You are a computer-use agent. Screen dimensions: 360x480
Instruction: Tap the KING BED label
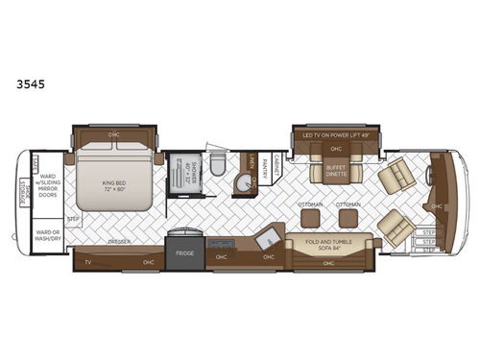click(114, 180)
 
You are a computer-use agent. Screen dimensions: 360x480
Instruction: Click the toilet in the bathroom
click(218, 169)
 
